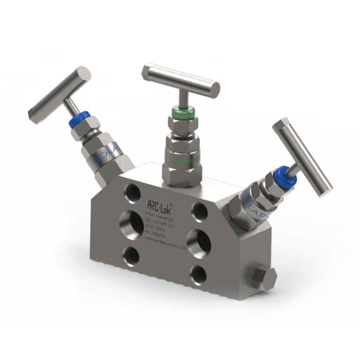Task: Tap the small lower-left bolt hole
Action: click(131, 255)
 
